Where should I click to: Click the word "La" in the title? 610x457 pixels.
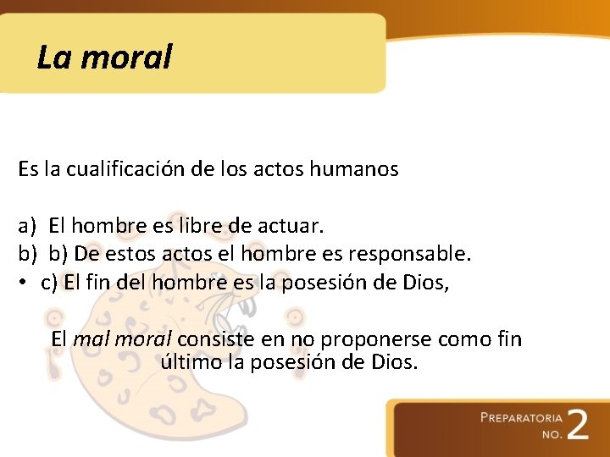53,58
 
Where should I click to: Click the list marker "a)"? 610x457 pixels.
28,227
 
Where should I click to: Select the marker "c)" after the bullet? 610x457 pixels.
49,282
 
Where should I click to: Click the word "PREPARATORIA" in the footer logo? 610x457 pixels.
521,418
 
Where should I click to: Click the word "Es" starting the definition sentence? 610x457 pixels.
28,169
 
